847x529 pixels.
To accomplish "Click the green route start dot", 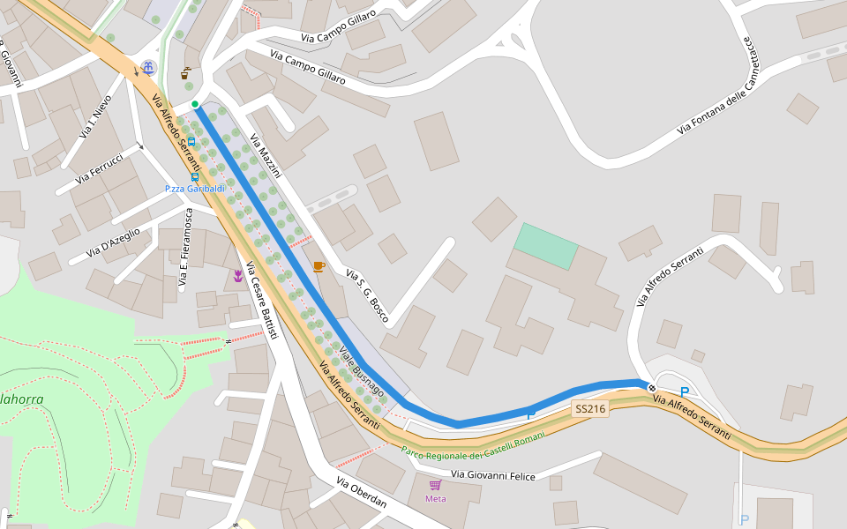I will coord(195,104).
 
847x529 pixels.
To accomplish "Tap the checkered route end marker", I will coord(651,387).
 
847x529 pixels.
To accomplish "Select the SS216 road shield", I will coord(590,409).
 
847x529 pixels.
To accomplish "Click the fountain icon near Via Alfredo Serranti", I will coord(148,67).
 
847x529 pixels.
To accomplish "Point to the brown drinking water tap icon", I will coord(185,74).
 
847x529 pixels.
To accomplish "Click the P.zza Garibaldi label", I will coord(195,189).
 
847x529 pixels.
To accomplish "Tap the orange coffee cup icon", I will coord(319,266).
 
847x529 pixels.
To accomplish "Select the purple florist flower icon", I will coord(237,277).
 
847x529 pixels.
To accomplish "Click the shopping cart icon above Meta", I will coord(435,485).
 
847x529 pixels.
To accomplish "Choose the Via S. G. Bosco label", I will coord(367,295).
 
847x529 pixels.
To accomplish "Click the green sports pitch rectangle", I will coord(546,246).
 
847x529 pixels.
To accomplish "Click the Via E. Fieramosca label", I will coord(185,248).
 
